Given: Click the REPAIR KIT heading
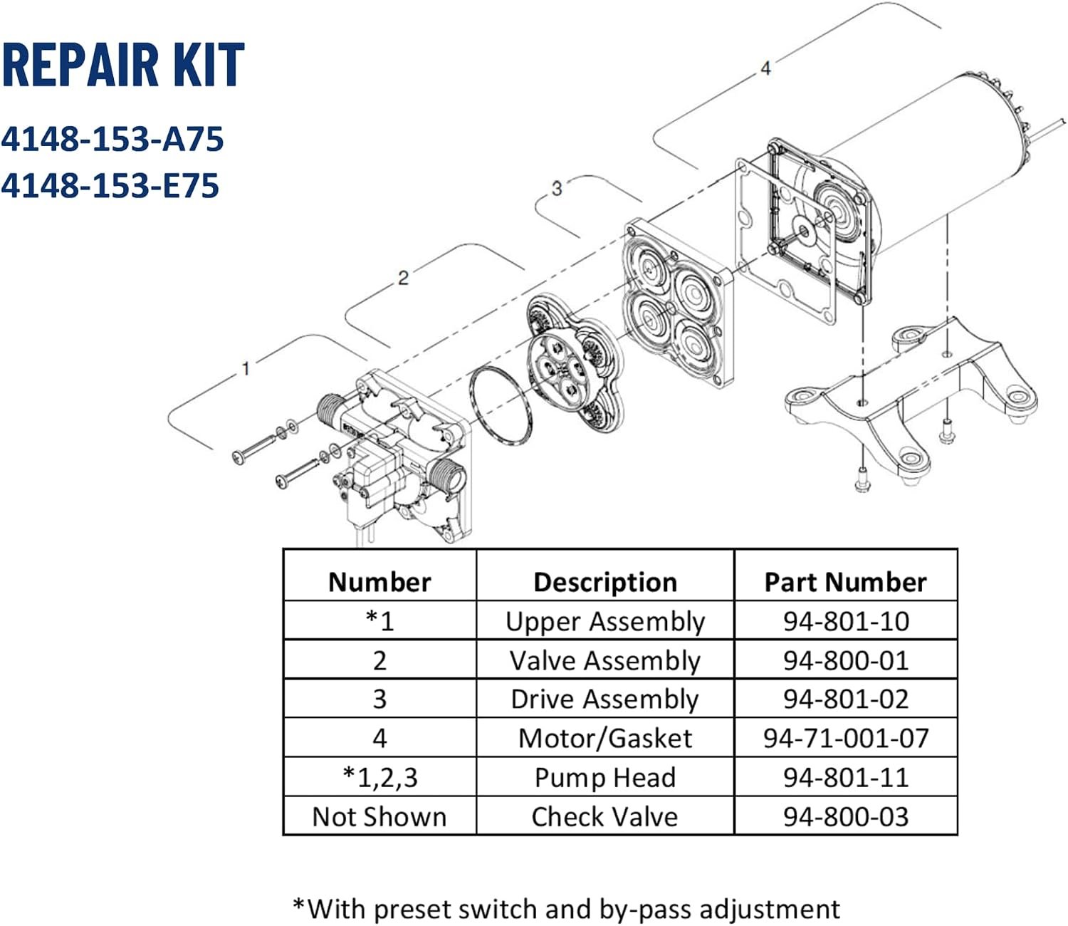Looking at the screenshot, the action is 123,65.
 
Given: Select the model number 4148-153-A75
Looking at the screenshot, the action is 112,140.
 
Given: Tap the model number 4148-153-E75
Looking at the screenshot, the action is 110,186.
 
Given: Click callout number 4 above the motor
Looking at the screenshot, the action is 765,68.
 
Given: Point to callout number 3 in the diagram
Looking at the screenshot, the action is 557,188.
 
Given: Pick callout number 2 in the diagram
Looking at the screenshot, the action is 403,278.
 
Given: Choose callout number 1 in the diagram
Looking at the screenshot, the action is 246,369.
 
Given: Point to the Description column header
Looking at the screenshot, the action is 605,582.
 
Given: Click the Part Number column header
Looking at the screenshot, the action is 845,582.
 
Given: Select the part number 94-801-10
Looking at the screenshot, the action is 846,621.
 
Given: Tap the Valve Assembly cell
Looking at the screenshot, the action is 604,660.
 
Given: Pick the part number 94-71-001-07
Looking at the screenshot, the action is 846,739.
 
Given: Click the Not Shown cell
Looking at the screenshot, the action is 379,817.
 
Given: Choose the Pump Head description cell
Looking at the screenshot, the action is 605,778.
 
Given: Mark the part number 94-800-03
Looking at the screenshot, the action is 846,817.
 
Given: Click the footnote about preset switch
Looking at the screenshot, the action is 566,908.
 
